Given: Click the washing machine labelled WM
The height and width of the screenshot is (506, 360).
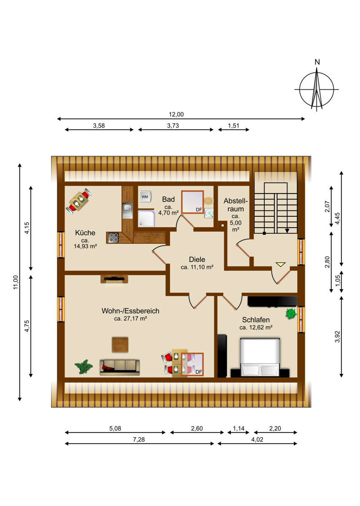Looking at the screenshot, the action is pyautogui.click(x=145, y=196).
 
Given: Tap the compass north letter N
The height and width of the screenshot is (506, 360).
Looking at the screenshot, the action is pyautogui.click(x=317, y=62).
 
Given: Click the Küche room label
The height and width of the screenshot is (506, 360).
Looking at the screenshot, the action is pyautogui.click(x=85, y=233).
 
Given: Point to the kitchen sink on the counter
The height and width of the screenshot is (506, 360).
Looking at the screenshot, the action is pyautogui.click(x=127, y=210).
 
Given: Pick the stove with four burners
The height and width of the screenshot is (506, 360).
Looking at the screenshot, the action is pyautogui.click(x=113, y=238).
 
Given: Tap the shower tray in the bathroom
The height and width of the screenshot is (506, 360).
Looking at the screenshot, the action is pyautogui.click(x=146, y=218).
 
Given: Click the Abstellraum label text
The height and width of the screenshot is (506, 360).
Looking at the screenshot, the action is pyautogui.click(x=235, y=205).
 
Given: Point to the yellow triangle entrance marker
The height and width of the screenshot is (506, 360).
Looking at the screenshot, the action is pyautogui.click(x=280, y=264).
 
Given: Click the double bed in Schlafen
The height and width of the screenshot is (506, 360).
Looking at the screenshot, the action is pyautogui.click(x=260, y=358).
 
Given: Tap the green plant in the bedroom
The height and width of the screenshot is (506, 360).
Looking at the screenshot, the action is pyautogui.click(x=291, y=314).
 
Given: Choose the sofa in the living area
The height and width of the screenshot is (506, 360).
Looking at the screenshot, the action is pyautogui.click(x=119, y=368).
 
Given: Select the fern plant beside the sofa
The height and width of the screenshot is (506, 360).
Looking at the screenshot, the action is pyautogui.click(x=84, y=366).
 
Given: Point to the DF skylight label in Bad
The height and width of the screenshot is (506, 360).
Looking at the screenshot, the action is pyautogui.click(x=199, y=210).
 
